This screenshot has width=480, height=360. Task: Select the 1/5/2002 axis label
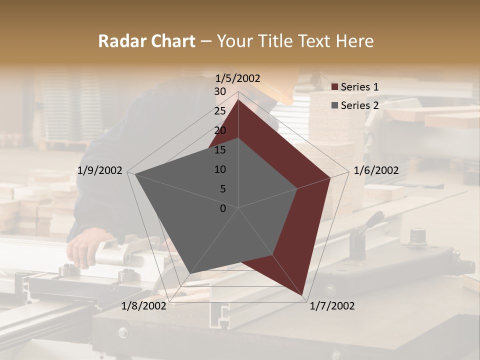click(237, 78)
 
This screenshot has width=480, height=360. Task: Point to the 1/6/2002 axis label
click(376, 170)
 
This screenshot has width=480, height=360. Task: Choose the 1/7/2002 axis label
click(332, 306)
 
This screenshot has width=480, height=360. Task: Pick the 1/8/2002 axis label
click(144, 306)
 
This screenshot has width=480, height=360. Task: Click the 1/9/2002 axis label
click(100, 170)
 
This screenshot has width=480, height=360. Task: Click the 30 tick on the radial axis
click(220, 91)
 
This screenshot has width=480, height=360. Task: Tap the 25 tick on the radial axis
click(220, 111)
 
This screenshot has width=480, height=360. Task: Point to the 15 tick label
click(220, 150)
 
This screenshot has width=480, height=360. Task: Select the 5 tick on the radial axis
click(222, 189)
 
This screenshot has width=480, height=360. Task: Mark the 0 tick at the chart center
click(223, 208)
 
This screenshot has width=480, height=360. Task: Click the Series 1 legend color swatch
click(334, 87)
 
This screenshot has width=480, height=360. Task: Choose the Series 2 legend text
click(359, 105)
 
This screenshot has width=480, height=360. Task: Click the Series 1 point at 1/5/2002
click(238, 99)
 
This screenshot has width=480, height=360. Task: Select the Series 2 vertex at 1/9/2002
click(135, 174)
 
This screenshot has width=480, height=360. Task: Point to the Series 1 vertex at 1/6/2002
click(330, 177)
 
